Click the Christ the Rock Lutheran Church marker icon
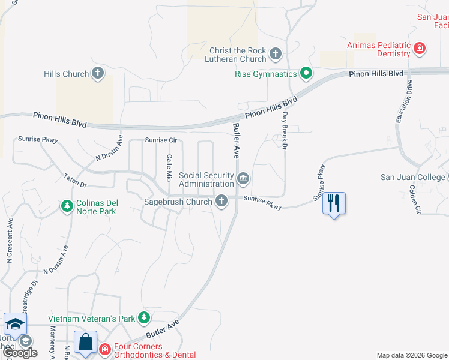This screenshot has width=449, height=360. pyautogui.click(x=276, y=54)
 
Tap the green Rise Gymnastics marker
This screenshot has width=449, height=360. pyautogui.click(x=306, y=74)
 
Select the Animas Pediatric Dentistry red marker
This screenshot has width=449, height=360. pyautogui.click(x=420, y=49)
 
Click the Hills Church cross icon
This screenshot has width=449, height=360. pyautogui.click(x=98, y=74)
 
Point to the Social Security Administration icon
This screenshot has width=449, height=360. pyautogui.click(x=243, y=178)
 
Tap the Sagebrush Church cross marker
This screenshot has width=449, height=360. pyautogui.click(x=221, y=202)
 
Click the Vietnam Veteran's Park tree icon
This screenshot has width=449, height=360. pyautogui.click(x=143, y=317)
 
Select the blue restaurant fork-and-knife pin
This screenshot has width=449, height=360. pyautogui.click(x=334, y=204)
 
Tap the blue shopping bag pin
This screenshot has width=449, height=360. pyautogui.click(x=86, y=343)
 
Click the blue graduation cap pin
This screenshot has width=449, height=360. pyautogui.click(x=15, y=325)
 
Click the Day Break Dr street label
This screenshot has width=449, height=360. pyautogui.click(x=285, y=130)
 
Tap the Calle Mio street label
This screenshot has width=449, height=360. pyautogui.click(x=169, y=167)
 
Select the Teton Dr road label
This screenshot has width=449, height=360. pyautogui.click(x=75, y=181)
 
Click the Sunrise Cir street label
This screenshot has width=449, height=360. pyautogui.click(x=161, y=140)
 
